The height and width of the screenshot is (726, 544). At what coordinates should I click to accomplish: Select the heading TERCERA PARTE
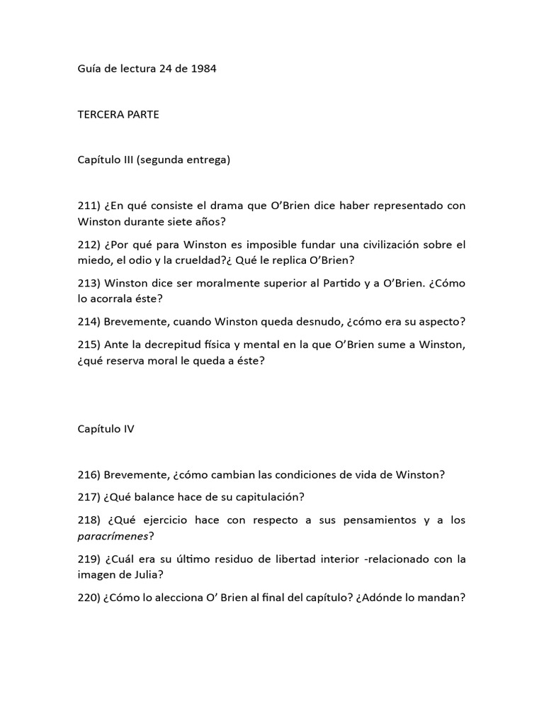point(118,115)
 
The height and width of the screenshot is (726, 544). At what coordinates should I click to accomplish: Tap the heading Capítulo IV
point(106,429)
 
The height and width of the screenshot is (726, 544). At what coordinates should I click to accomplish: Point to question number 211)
point(89,206)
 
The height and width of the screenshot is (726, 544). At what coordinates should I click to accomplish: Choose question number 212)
point(89,245)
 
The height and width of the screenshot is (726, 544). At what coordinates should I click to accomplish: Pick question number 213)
point(89,283)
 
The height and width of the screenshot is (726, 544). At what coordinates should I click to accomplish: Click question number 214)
point(89,321)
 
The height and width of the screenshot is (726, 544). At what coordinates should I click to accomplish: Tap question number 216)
point(89,474)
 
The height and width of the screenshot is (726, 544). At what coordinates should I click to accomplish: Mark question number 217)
point(89,497)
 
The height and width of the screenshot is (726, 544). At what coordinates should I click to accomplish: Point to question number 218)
point(89,520)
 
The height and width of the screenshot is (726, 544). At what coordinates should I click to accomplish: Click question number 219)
point(89,559)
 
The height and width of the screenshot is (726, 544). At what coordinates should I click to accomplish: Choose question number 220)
point(89,597)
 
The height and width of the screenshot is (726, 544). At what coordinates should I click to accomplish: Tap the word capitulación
point(272,497)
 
